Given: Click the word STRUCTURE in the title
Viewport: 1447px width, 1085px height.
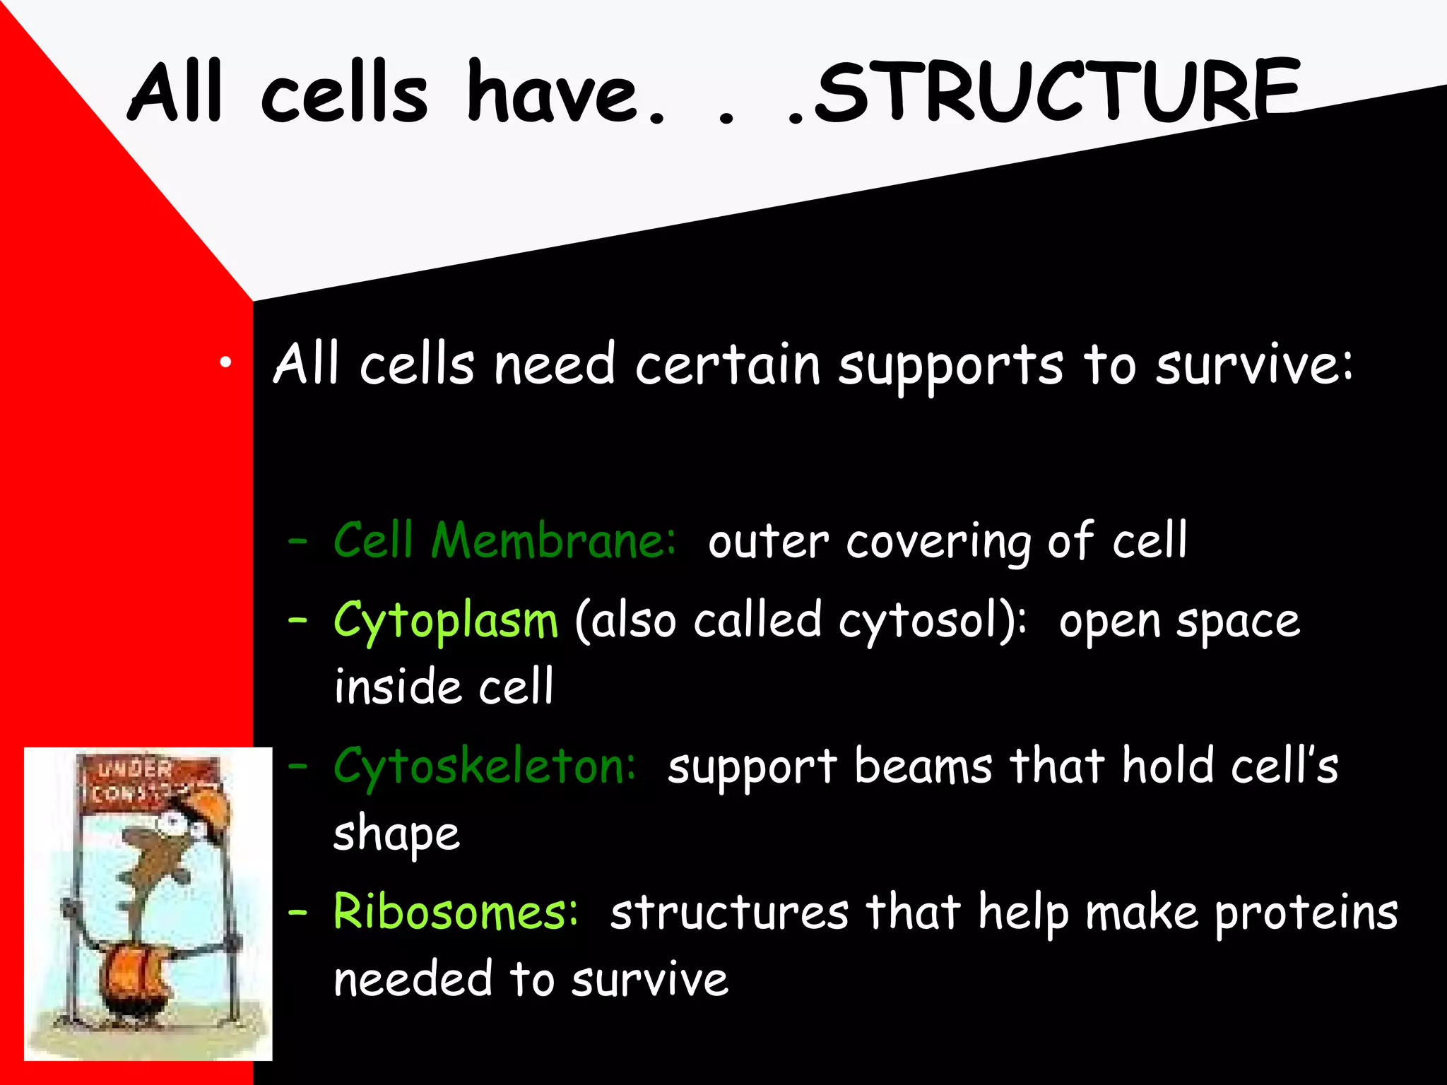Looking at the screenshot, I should [1056, 92].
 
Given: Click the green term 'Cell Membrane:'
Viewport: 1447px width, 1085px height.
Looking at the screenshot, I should [504, 540].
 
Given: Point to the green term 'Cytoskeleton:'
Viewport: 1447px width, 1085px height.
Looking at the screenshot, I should [485, 767].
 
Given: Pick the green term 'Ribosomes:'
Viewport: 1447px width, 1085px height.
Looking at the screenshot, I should [456, 912].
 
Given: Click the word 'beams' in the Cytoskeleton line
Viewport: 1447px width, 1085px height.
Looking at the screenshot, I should [923, 767].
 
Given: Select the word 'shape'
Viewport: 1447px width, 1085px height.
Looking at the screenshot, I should [396, 835].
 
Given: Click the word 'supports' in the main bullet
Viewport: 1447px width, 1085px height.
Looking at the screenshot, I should [950, 366].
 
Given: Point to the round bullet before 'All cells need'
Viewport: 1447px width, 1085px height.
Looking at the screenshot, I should [225, 363].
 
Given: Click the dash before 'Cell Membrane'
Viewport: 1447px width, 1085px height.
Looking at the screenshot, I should [297, 542].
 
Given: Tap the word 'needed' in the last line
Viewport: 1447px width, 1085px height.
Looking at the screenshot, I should [413, 980].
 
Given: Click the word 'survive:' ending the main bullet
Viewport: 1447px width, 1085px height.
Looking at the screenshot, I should [1254, 366].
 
